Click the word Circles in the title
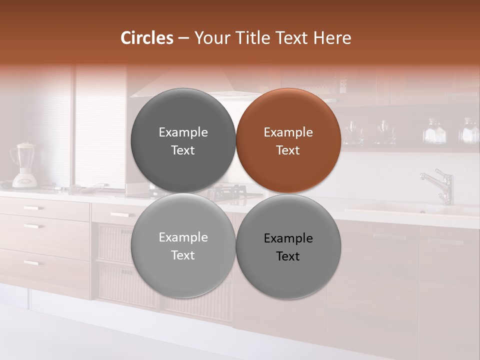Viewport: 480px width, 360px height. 146,38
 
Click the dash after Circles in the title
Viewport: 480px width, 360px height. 183,38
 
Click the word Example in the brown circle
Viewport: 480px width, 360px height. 288,132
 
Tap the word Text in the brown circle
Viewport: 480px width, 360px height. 288,150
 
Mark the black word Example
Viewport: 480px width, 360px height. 288,238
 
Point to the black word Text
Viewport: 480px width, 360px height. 288,256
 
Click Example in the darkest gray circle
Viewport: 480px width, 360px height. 183,132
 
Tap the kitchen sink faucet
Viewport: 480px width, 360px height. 440,185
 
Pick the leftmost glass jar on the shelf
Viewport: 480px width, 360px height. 352,132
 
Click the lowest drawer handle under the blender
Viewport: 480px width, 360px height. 31,263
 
